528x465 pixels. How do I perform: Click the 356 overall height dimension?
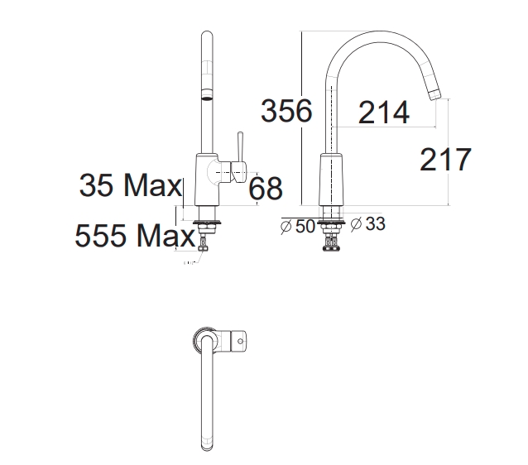coord(286,111)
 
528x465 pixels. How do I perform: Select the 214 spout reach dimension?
coord(383,113)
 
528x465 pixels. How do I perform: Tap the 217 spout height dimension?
coord(445,159)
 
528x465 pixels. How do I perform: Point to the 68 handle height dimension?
coord(266,188)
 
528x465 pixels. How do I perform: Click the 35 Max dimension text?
coord(131,185)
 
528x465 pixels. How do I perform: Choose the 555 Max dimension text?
coord(135,235)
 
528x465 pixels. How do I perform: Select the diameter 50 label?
coord(298,226)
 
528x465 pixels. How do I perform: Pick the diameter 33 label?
coord(367,223)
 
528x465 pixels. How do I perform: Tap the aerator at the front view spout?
coord(207,94)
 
